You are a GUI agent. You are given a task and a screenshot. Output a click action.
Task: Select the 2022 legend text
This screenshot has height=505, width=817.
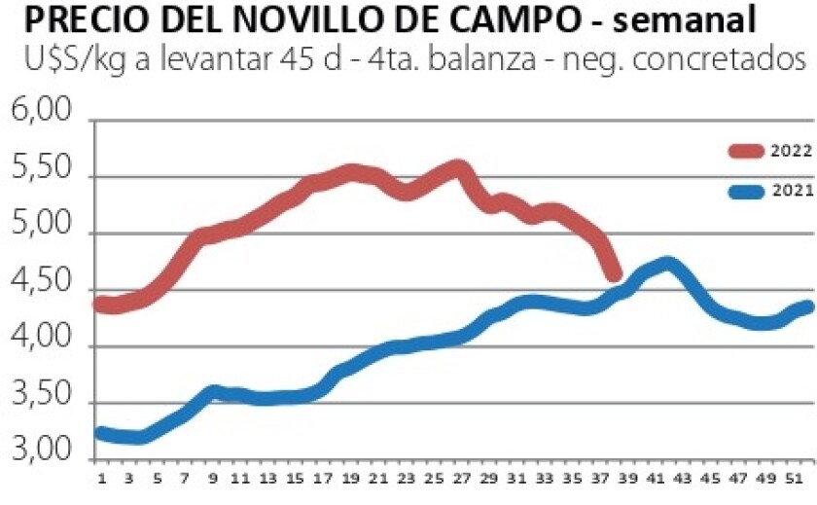click(x=791, y=150)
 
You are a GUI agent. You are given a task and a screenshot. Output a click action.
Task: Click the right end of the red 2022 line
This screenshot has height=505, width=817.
click(x=615, y=275)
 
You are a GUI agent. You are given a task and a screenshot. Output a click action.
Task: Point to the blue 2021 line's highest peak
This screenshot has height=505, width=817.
click(x=667, y=264)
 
